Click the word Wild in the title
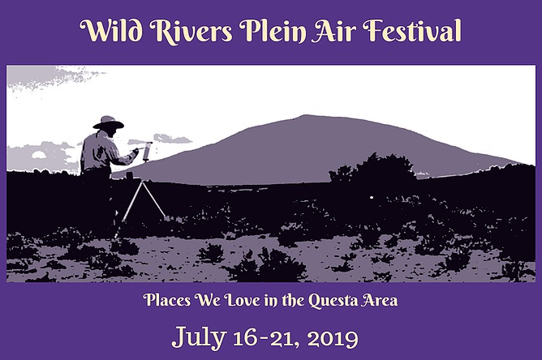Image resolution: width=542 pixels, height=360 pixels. coord(111,30)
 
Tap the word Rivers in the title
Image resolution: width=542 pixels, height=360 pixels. coord(191,30)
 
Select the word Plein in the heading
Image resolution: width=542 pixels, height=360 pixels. coord(273,31)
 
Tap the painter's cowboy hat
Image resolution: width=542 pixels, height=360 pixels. coord(108,122)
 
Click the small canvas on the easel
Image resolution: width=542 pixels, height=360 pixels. coord(148,152)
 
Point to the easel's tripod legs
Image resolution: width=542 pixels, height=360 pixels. coord(143,202)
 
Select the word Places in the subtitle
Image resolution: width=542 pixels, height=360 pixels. coord(167,300)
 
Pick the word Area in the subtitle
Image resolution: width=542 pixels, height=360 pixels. coord(380,301)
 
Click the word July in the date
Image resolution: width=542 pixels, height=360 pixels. coord(199,336)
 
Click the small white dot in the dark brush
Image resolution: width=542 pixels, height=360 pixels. coord(372,198)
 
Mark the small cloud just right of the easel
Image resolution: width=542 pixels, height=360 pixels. coord(172,139)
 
